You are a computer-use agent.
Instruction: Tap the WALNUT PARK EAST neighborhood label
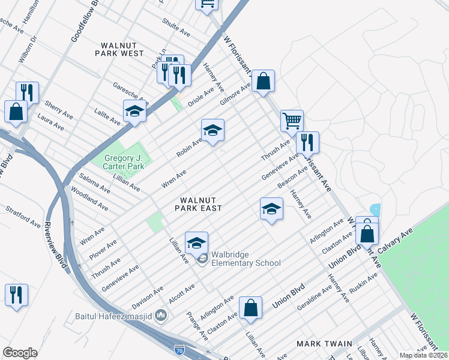pyautogui.click(x=198, y=203)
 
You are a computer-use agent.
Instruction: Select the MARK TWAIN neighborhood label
pyautogui.click(x=324, y=344)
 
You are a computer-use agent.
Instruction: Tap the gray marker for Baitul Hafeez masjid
pyautogui.click(x=161, y=315)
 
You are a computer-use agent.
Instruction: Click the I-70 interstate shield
pyautogui.click(x=179, y=349)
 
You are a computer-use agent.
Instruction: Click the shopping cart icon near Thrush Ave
pyautogui.click(x=292, y=121)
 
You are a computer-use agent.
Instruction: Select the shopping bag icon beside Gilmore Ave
pyautogui.click(x=263, y=80)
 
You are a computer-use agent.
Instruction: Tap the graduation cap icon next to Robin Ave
pyautogui.click(x=212, y=130)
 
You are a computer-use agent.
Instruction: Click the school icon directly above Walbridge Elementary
pyautogui.click(x=196, y=243)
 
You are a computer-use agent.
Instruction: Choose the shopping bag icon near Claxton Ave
pyautogui.click(x=251, y=307)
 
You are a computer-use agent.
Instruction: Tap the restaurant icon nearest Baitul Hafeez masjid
pyautogui.click(x=16, y=295)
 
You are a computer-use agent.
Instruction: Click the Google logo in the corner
pyautogui.click(x=20, y=352)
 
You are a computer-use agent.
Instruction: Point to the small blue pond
pyautogui.click(x=376, y=210)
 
